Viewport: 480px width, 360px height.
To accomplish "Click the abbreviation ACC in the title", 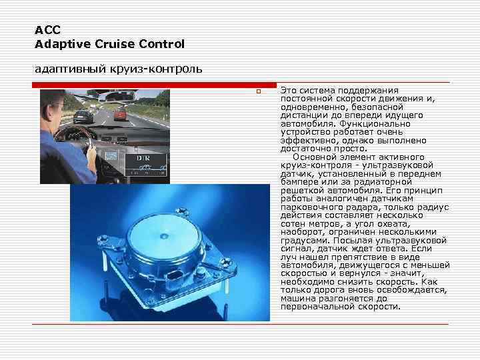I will coord(47,30).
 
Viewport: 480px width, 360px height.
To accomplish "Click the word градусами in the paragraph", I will coord(302,240).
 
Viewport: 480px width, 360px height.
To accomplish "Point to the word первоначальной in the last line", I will coord(315,307).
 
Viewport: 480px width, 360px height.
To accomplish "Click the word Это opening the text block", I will coord(289,90).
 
